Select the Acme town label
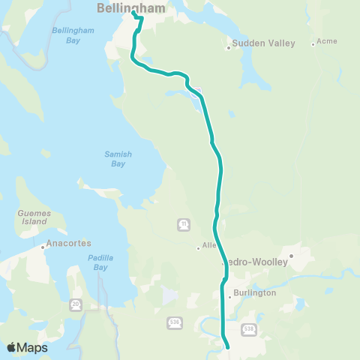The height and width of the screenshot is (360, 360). (x=327, y=41)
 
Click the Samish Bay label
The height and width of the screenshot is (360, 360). (x=118, y=158)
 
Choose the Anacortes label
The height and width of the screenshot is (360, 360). (x=68, y=244)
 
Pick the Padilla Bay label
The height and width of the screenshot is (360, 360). (x=100, y=262)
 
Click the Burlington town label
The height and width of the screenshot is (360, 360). (x=255, y=292)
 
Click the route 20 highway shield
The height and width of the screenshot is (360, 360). (x=76, y=304)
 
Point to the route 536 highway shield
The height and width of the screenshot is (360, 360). (x=174, y=322)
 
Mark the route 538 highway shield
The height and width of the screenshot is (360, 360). (x=250, y=328)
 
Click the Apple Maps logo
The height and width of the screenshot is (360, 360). (x=27, y=347)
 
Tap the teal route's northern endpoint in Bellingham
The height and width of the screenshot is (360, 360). (x=133, y=13)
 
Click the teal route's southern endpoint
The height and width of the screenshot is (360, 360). (x=227, y=346)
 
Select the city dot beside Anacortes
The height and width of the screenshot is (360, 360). (x=43, y=244)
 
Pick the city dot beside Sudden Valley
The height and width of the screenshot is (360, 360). (x=228, y=48)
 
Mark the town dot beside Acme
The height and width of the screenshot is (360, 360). (x=313, y=44)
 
